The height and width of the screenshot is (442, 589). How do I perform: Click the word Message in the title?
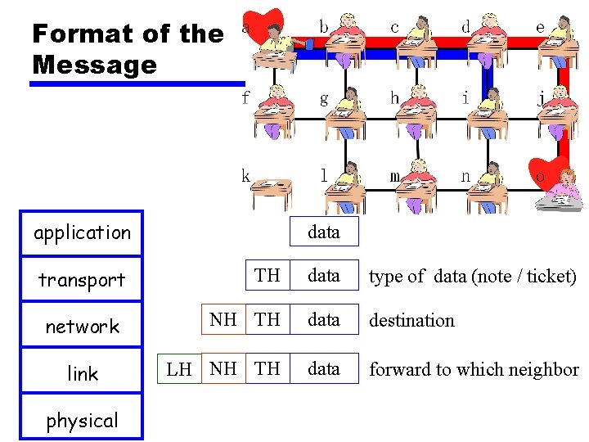(93, 65)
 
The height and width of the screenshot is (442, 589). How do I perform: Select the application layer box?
(82, 233)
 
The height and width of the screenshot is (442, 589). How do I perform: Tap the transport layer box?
(82, 280)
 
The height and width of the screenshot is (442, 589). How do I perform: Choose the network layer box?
(82, 327)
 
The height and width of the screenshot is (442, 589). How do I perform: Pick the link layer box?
(82, 374)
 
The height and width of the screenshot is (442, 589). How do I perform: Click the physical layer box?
(82, 421)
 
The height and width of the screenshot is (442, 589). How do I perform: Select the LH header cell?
(179, 369)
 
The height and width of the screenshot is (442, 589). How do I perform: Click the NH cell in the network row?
(223, 319)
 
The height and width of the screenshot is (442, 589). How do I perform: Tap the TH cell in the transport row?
(268, 275)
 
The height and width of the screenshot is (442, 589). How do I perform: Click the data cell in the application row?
(323, 232)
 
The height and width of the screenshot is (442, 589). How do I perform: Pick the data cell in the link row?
(323, 369)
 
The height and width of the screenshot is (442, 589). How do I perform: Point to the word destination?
(411, 320)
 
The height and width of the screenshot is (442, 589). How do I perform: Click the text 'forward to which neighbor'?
(474, 369)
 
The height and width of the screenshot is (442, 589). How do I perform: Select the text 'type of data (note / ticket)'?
(472, 277)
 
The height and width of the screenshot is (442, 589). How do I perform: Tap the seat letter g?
(324, 99)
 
